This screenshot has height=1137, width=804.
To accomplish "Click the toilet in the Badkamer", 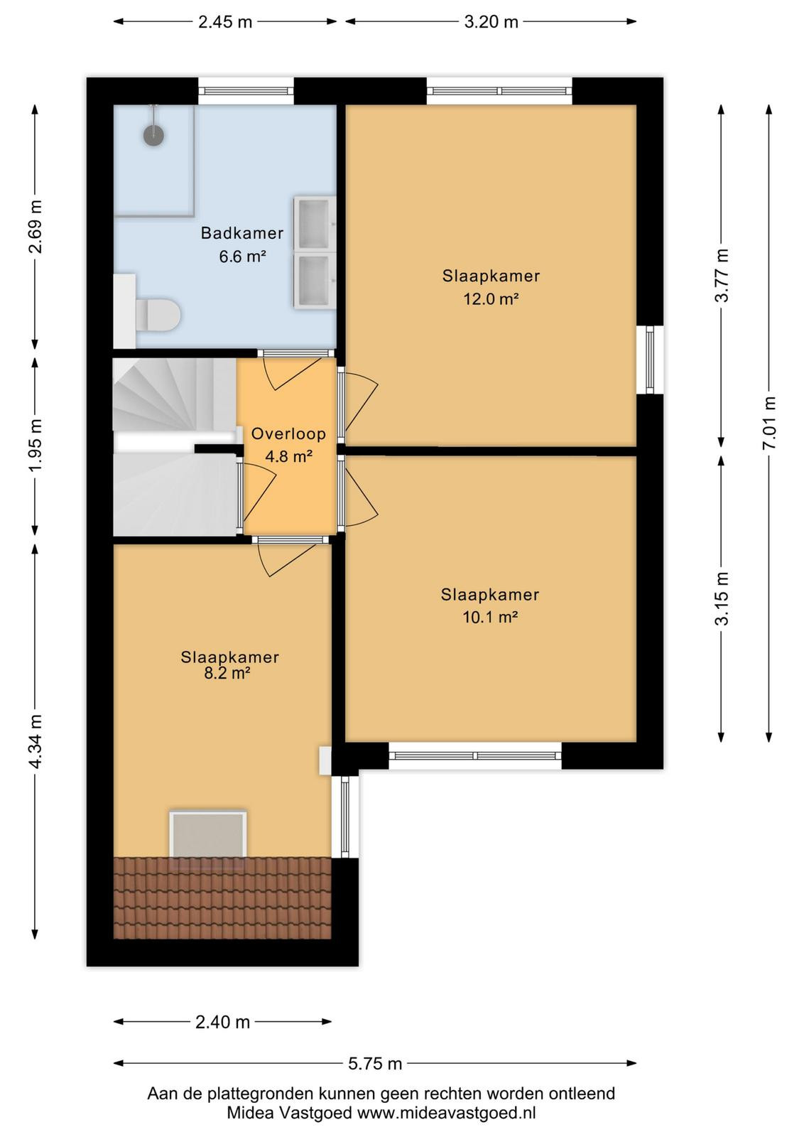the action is tap(158, 314).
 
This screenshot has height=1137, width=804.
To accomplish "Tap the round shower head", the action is tap(153, 134).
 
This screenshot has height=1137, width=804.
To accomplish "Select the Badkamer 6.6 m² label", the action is tap(242, 244).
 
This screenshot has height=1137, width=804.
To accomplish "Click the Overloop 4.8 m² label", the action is tap(288, 445).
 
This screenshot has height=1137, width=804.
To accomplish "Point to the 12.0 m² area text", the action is tap(491, 299).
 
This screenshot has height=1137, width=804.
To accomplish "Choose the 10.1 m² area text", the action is tap(490, 618).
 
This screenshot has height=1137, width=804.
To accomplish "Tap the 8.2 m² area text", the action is tap(227, 673).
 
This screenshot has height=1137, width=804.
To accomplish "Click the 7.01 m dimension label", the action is tap(769, 422).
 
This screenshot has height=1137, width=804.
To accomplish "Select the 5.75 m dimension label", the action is tap(375, 1063).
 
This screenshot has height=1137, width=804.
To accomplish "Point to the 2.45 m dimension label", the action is tap(225, 22).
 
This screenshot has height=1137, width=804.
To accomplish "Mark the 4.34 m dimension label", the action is tap(36, 742).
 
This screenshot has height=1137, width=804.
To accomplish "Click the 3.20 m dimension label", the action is tap(491, 22).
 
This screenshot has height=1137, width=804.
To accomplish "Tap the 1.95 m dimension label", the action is tap(36, 445).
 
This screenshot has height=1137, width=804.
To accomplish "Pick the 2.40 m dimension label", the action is tap(223, 1022).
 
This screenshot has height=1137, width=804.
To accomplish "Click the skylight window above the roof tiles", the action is tap(208, 835).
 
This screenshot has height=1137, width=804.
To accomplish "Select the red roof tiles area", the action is tap(222, 898).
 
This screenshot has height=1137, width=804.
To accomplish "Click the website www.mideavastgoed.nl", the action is tap(446, 1113).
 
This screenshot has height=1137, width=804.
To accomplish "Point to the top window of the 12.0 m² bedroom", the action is tap(499, 91).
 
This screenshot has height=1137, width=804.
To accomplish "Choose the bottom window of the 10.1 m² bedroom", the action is tap(475, 756).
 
